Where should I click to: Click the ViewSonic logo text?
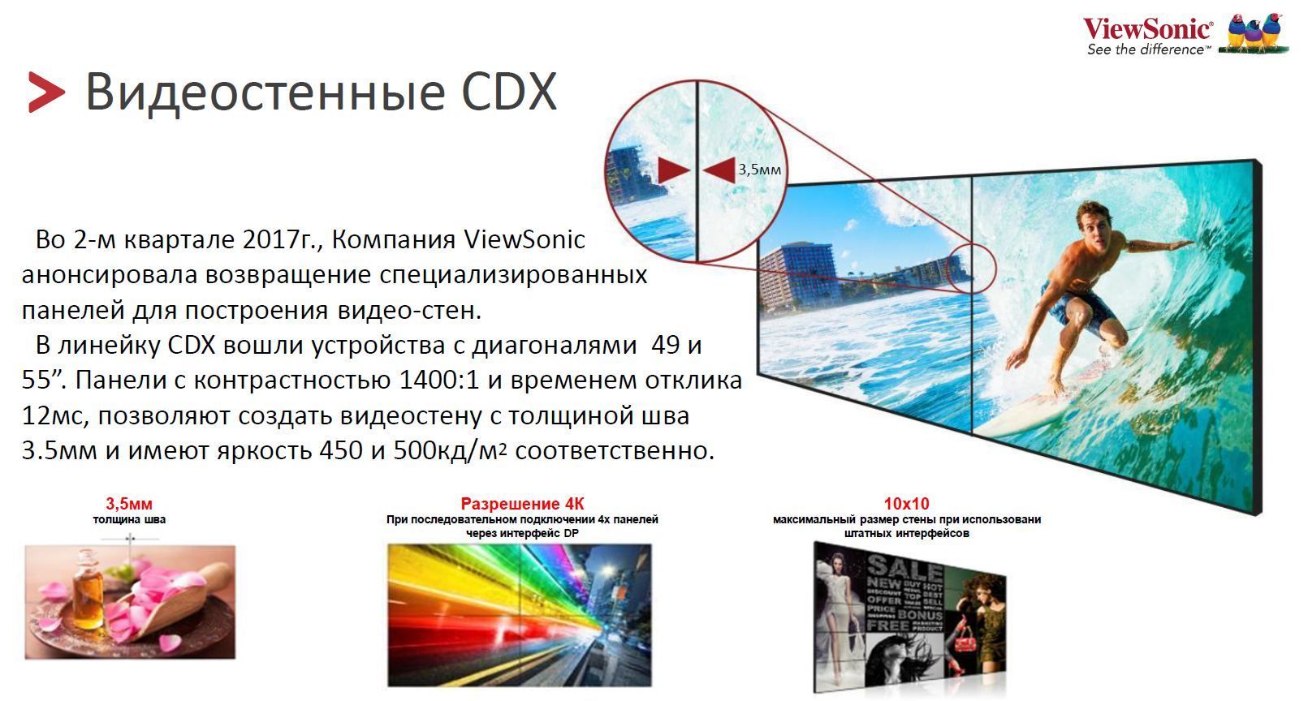coord(1148,28)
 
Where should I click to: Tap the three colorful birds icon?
coord(1255,33)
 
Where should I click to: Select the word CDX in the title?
coord(509,92)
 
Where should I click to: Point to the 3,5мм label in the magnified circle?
coord(759,170)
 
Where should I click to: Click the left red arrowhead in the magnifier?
coord(674,170)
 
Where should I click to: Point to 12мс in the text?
coord(55,415)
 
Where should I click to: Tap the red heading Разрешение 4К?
coord(522,503)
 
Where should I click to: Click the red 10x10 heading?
coord(906,503)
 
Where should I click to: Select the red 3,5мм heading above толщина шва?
coord(129,503)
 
